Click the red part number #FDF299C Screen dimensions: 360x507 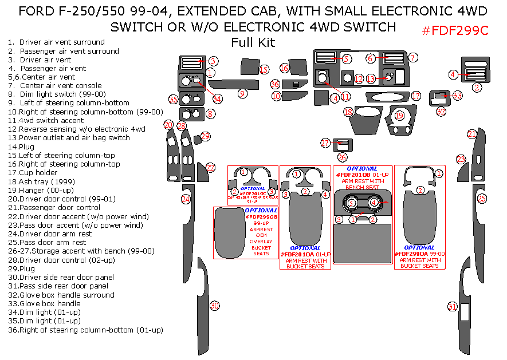[x=455, y=31]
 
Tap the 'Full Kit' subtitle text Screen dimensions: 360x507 [x=253, y=42]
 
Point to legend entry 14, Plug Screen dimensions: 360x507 [x=21, y=147]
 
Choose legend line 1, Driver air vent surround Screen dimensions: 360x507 [x=56, y=42]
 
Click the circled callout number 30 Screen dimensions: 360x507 [x=215, y=306]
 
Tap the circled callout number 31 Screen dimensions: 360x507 [x=453, y=307]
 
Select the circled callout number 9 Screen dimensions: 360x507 [x=242, y=93]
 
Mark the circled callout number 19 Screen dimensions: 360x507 [x=399, y=116]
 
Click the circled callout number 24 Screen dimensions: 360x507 [x=186, y=199]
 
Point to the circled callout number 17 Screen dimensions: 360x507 [x=416, y=96]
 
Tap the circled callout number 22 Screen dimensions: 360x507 [x=211, y=168]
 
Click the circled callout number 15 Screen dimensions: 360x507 [x=264, y=69]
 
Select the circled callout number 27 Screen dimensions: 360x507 [x=325, y=143]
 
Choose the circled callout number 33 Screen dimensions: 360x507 [x=457, y=96]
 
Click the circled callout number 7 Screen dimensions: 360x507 [x=413, y=57]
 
